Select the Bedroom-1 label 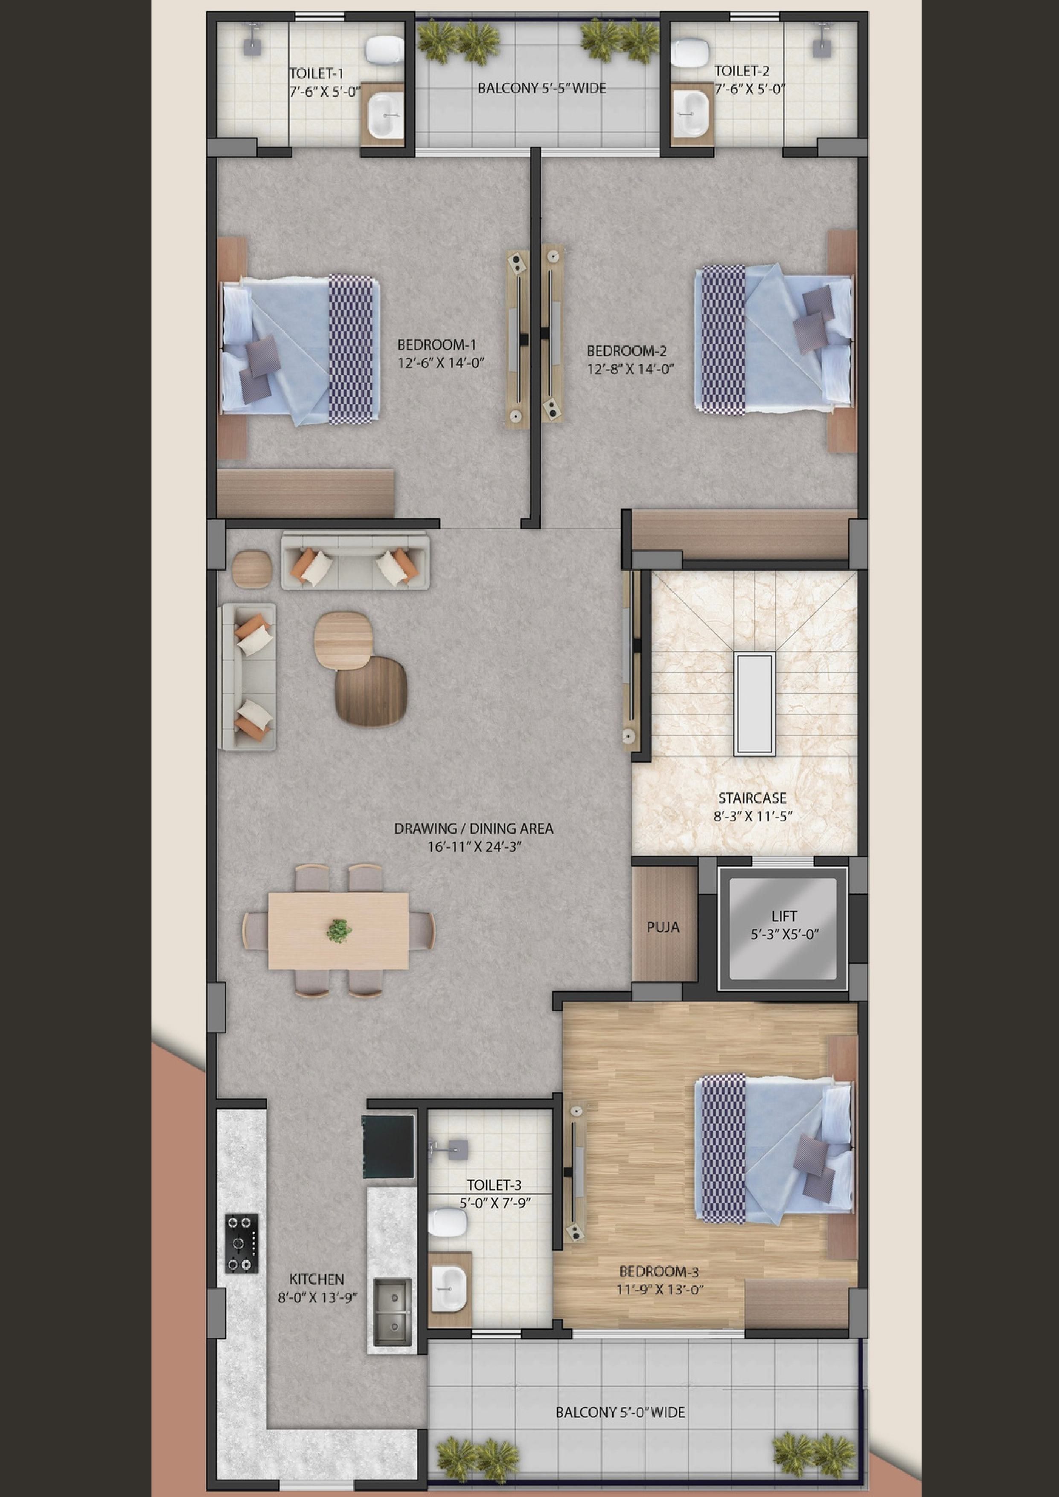click(x=436, y=344)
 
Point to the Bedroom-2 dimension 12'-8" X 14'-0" click(x=630, y=368)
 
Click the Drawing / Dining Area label click(x=474, y=829)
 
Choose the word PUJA click(x=663, y=927)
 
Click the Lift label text click(x=784, y=916)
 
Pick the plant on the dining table click(x=338, y=931)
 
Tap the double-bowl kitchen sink click(x=393, y=1312)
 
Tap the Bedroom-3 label click(x=659, y=1271)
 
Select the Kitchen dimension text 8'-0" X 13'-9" click(x=317, y=1297)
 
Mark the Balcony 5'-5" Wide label click(x=542, y=88)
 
